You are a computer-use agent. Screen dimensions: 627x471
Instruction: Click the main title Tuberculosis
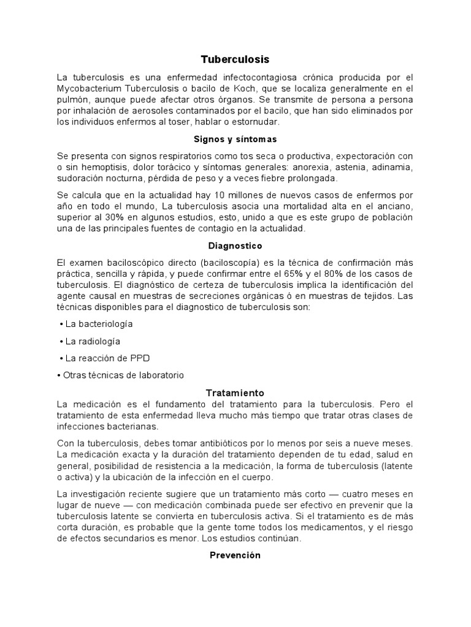click(x=235, y=59)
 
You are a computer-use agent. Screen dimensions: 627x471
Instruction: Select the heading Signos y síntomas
click(x=235, y=139)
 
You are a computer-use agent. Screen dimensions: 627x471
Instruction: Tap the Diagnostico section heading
click(x=235, y=246)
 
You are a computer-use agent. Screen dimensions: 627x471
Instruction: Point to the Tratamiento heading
click(x=235, y=392)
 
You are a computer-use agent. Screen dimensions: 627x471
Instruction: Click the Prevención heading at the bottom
click(x=235, y=555)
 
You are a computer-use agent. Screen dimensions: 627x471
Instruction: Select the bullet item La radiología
click(x=93, y=341)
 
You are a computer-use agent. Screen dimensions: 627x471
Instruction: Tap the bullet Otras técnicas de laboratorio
click(x=123, y=375)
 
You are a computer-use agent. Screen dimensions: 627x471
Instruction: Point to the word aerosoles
click(x=148, y=110)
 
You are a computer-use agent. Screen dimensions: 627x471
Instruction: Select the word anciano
click(x=396, y=206)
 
